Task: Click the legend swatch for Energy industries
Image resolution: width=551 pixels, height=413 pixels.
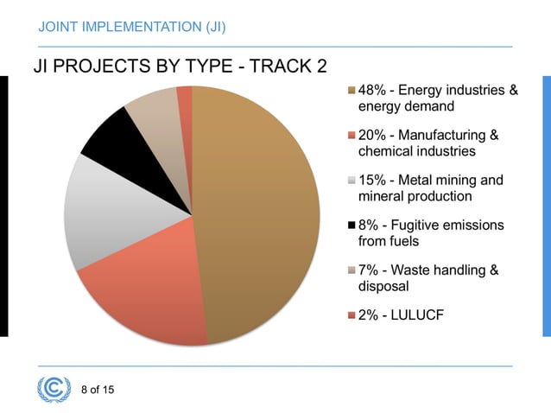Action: tap(351, 91)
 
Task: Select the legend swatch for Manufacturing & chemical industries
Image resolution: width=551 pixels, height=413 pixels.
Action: tap(351, 136)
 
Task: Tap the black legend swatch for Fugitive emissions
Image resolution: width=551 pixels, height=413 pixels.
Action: tap(351, 226)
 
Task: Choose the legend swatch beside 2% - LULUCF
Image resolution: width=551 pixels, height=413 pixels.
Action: tap(351, 315)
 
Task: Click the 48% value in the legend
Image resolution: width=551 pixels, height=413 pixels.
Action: tap(373, 91)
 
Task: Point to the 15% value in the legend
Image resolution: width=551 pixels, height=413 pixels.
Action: tap(373, 181)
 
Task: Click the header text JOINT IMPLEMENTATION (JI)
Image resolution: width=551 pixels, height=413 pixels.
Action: tap(132, 27)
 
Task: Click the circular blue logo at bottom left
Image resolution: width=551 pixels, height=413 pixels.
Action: tap(54, 389)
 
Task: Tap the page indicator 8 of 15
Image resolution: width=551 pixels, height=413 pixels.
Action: tap(97, 390)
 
